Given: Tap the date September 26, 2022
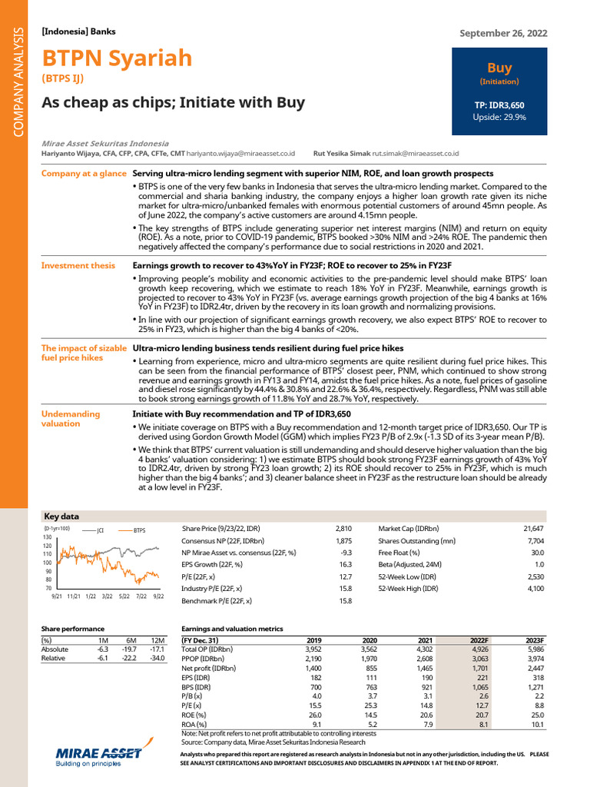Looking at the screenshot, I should point(503,33).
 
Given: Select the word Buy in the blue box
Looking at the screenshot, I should point(499,68).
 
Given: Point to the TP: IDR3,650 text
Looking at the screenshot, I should point(499,104).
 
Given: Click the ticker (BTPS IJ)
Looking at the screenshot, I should point(62,78).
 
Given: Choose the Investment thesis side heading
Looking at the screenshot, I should point(78,265).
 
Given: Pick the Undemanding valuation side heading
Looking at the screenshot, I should point(71,418).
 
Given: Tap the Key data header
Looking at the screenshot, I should point(61,516).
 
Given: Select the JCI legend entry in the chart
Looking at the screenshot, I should point(100,530).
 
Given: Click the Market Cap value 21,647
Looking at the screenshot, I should point(532,529).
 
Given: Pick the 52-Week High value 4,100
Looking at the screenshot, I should point(535,588).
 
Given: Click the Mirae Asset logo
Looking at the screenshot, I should point(98,756).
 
